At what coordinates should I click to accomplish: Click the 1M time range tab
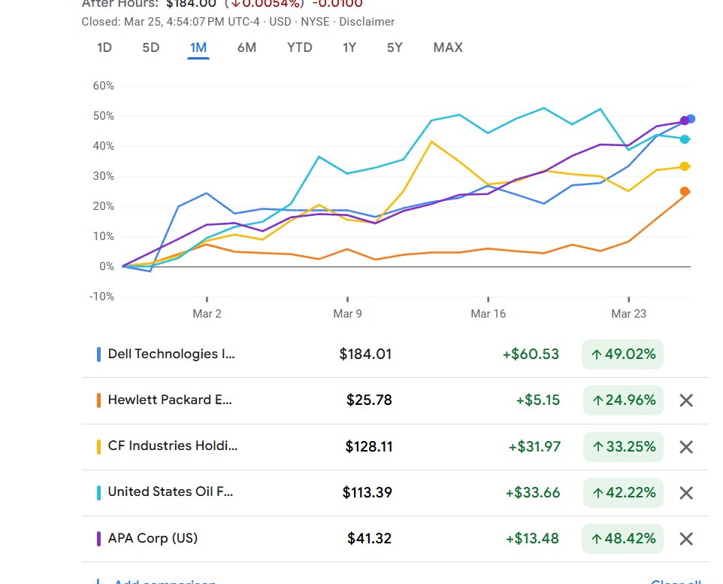pos(198,47)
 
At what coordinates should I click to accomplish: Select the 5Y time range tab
pos(395,47)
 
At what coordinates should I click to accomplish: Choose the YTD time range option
pos(299,47)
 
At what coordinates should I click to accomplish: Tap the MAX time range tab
pos(448,47)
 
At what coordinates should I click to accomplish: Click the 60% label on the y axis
pos(104,86)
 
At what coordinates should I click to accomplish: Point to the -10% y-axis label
pos(102,297)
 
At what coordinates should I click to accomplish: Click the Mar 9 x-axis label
pos(347,314)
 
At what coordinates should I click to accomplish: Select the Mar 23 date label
pos(629,314)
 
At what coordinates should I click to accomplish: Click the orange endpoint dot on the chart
pos(685,192)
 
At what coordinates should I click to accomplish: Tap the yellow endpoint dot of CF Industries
pos(685,166)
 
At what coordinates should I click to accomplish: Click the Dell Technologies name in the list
pos(171,354)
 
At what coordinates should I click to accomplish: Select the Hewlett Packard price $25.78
pos(369,400)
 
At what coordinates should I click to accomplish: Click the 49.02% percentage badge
pos(623,354)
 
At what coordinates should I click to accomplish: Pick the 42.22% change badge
pos(623,493)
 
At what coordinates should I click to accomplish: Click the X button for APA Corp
pos(685,539)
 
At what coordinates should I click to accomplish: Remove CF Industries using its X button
pos(685,447)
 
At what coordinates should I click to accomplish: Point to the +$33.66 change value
pos(533,493)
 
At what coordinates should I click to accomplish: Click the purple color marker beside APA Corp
pos(99,539)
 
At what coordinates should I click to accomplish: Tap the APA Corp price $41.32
pos(369,539)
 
